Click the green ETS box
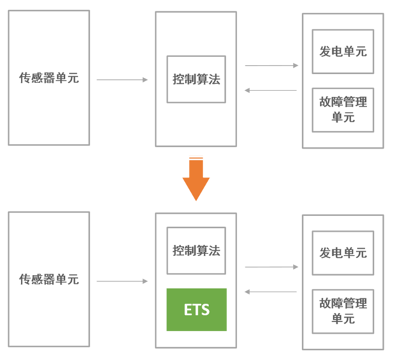tap(196, 310)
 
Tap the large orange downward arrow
tap(196, 179)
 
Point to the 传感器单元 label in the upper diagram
tap(49, 78)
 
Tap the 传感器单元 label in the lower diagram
tap(49, 279)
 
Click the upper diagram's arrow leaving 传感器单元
tap(122, 80)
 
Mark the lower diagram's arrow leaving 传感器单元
tap(122, 281)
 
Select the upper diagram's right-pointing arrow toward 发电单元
tap(272, 66)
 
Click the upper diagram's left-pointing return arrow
tap(271, 91)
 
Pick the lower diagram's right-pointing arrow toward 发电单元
tap(272, 267)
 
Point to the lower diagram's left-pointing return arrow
tap(271, 292)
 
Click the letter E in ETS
tap(188, 310)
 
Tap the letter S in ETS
tap(205, 310)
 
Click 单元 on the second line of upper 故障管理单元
tap(343, 117)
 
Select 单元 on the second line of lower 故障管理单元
tap(343, 319)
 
